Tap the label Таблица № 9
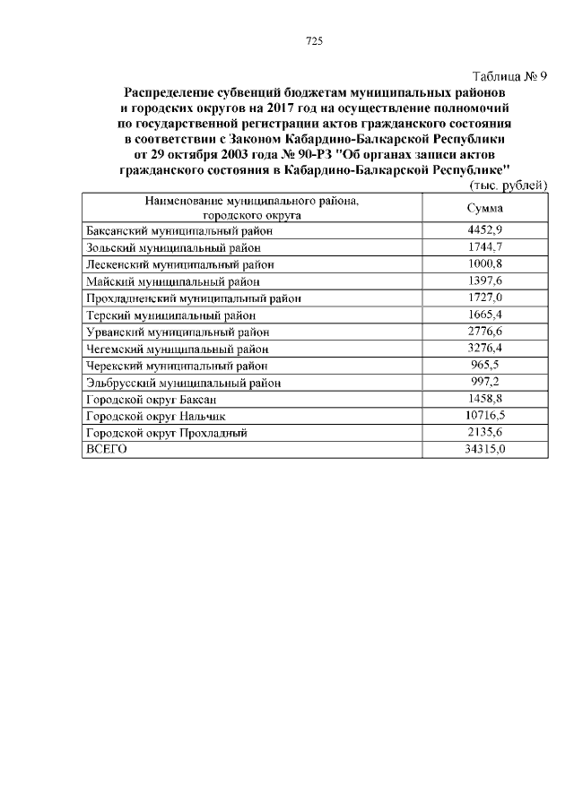(x=509, y=76)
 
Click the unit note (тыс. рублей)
(x=509, y=185)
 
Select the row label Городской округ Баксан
(x=151, y=399)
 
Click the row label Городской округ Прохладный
(x=165, y=433)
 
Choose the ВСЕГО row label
(x=105, y=450)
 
